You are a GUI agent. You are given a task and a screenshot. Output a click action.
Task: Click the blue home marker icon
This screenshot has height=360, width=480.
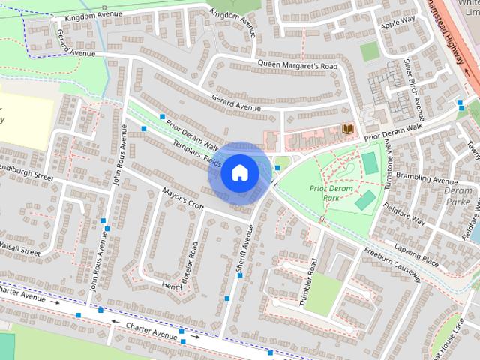(239, 172)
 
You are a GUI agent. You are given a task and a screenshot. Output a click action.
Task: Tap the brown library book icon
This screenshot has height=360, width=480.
(347, 130)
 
